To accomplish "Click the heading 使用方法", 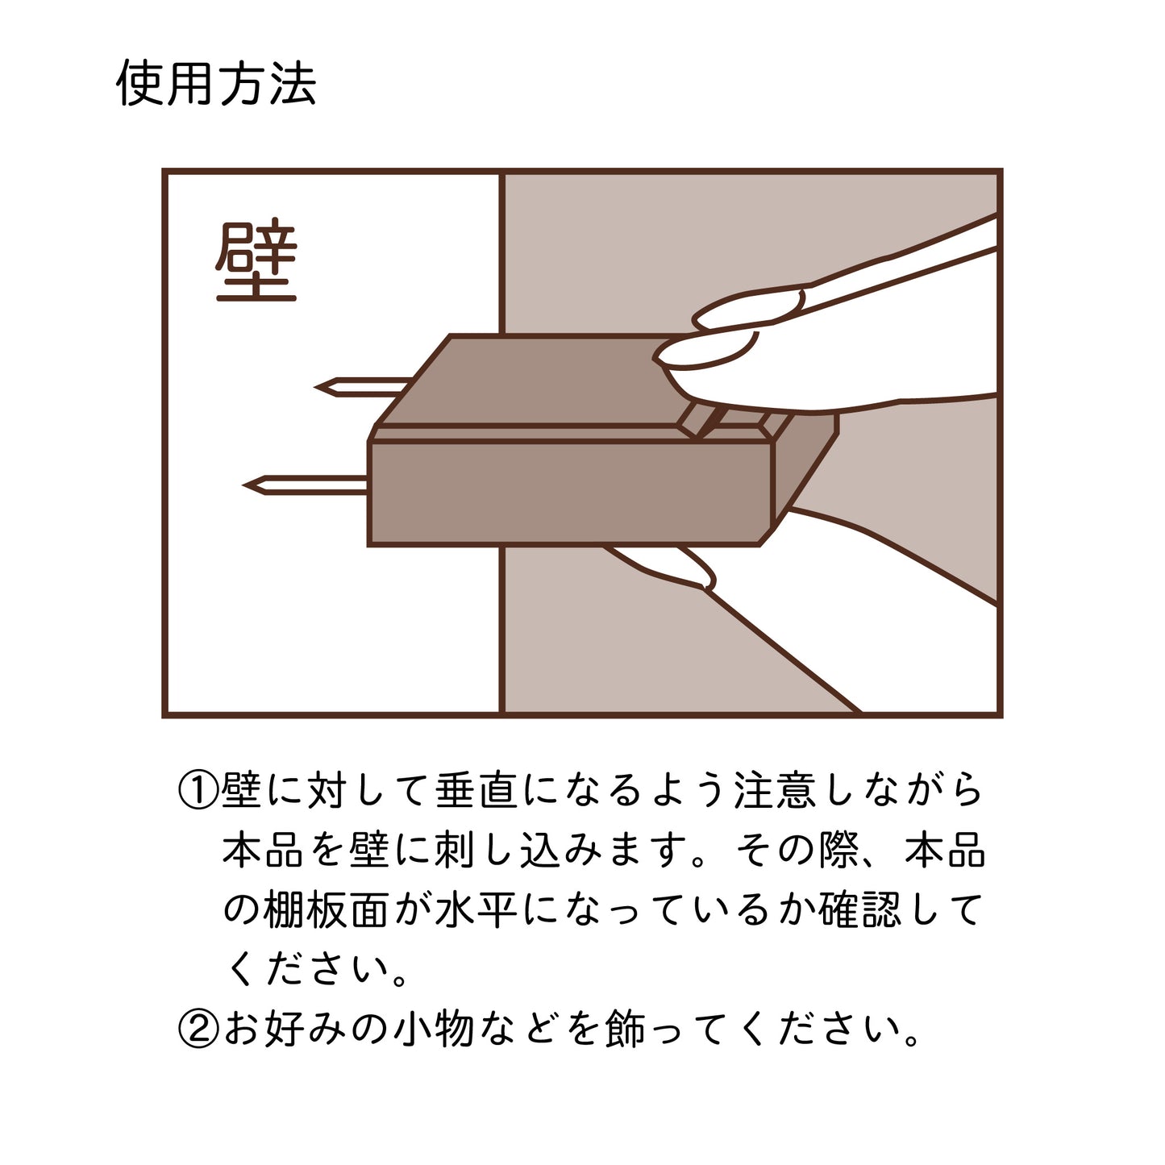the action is pos(216,83).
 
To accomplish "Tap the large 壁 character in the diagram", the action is pos(256,260).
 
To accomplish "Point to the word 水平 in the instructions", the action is pos(476,910).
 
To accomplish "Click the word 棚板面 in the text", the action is pos(326,910).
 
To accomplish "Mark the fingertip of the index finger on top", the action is pos(659,356).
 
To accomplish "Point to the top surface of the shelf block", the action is pos(532,380).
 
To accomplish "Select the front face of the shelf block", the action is pos(571,493).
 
